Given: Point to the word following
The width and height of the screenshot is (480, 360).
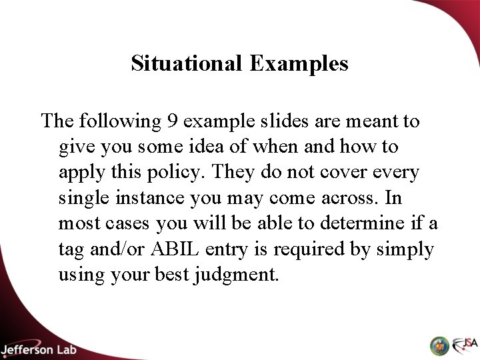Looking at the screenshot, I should [x=131, y=121].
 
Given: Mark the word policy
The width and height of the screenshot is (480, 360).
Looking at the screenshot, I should [x=178, y=172].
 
